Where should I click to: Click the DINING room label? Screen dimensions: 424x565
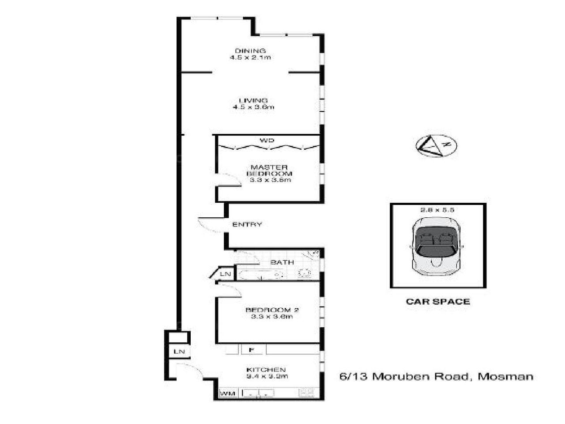click(x=250, y=50)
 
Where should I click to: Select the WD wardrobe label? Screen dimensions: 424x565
click(x=267, y=140)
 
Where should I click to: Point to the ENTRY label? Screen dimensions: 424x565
click(x=247, y=224)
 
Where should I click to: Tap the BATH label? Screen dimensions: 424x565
click(x=282, y=262)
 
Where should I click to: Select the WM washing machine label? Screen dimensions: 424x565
click(x=228, y=393)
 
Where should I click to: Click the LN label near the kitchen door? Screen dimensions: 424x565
click(x=179, y=352)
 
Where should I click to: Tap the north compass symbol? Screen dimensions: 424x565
click(x=437, y=145)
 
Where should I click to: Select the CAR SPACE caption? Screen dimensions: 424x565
click(x=437, y=302)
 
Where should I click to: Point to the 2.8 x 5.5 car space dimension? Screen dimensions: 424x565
click(x=437, y=210)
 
